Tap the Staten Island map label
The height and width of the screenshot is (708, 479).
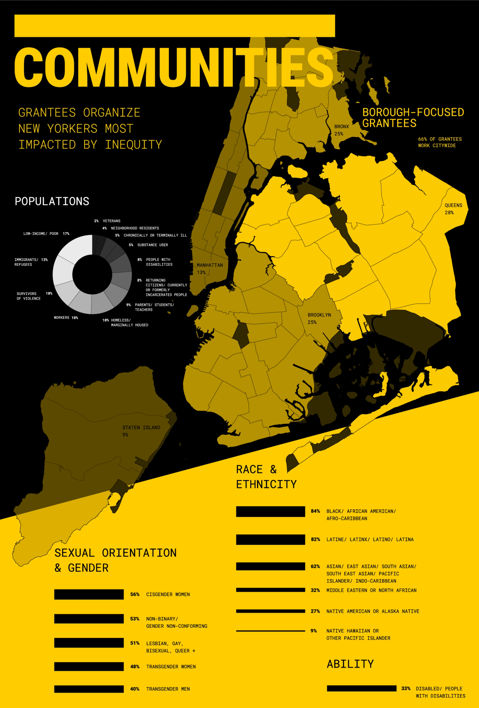tap(141, 428)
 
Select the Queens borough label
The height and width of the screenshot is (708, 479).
tap(453, 205)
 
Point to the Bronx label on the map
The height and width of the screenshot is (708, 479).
tap(341, 126)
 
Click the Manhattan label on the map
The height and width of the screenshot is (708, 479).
tap(209, 265)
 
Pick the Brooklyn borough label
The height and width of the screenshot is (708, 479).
tap(319, 315)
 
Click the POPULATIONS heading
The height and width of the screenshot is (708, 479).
tap(52, 201)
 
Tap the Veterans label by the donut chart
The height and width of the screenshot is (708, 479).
tap(111, 221)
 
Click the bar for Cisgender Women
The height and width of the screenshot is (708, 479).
tap(89, 594)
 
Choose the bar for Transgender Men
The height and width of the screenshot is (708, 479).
tap(89, 689)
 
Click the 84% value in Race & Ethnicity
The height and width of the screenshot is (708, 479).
tap(315, 511)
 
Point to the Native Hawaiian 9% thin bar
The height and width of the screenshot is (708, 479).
tap(270, 631)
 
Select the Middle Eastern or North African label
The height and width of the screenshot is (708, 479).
tap(371, 590)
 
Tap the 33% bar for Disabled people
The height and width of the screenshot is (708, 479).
tap(361, 688)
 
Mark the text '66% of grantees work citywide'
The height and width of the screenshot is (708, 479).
tap(439, 142)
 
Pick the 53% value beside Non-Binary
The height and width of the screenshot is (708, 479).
tap(135, 619)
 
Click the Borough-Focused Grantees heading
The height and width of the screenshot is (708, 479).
tap(413, 118)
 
